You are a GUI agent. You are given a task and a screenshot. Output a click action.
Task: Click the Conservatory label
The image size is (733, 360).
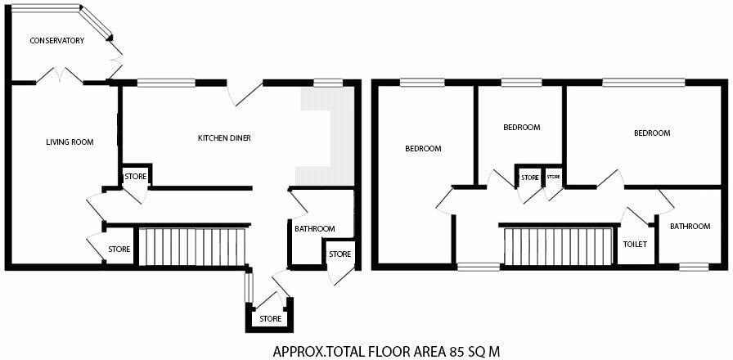click(57, 41)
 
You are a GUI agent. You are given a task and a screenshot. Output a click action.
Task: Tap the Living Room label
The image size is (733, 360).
click(70, 142)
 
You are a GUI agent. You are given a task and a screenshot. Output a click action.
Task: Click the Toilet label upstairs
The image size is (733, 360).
click(636, 244)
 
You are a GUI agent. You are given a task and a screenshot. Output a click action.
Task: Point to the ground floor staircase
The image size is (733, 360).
click(192, 247)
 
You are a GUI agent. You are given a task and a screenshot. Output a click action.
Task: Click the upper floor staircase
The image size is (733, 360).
click(558, 246)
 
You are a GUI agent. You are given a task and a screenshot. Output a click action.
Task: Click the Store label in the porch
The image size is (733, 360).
click(271, 319)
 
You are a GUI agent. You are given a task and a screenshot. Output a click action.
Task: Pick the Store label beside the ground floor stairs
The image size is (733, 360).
click(119, 250)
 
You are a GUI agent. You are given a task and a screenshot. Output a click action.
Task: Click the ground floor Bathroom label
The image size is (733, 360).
click(315, 228)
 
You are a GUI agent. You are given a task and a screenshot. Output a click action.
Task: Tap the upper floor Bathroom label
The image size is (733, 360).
click(690, 227)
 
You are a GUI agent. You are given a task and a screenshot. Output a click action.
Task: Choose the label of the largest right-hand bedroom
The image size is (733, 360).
click(652, 133)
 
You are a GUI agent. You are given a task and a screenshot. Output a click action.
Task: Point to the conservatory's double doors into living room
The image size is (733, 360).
click(60, 76)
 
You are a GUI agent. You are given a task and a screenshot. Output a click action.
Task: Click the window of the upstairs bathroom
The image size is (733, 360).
click(694, 267)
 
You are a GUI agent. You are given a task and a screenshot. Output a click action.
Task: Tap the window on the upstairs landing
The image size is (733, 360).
click(479, 267)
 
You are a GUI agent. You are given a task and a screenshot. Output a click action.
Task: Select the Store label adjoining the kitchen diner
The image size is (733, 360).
click(136, 177)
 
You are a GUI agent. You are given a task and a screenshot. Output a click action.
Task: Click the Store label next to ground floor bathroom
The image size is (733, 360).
click(340, 254)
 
